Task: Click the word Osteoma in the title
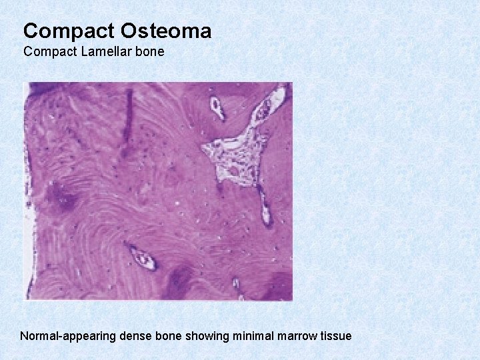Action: (166, 31)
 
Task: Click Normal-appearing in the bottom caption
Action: (69, 336)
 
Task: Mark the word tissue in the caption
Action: (335, 336)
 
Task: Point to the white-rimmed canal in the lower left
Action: (141, 257)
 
